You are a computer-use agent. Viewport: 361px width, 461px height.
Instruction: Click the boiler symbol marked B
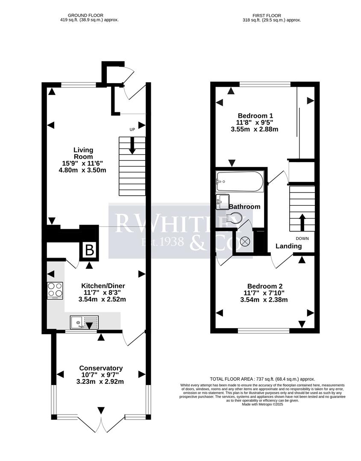tap(90, 251)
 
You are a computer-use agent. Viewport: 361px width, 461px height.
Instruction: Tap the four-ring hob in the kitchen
tap(55, 291)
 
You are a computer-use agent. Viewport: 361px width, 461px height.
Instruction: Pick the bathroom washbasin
tap(222, 201)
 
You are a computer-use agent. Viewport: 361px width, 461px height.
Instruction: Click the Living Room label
tap(83, 153)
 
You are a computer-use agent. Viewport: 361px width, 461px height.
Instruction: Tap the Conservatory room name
tap(101, 368)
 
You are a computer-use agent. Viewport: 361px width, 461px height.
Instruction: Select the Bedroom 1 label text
tap(255, 115)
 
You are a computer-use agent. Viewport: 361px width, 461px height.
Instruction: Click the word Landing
tap(288, 246)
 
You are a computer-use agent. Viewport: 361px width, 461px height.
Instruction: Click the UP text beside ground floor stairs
tap(133, 129)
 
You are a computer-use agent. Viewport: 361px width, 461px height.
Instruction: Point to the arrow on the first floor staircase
tap(302, 222)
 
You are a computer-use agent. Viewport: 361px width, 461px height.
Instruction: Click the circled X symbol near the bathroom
tap(245, 242)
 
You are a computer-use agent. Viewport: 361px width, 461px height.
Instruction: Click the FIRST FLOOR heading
tap(270, 15)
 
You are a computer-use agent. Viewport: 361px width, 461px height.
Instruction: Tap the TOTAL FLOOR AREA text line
tap(262, 379)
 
